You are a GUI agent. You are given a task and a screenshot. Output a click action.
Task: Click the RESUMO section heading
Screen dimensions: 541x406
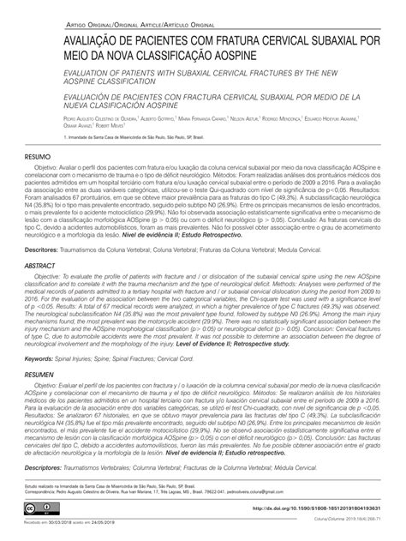[39, 159]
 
